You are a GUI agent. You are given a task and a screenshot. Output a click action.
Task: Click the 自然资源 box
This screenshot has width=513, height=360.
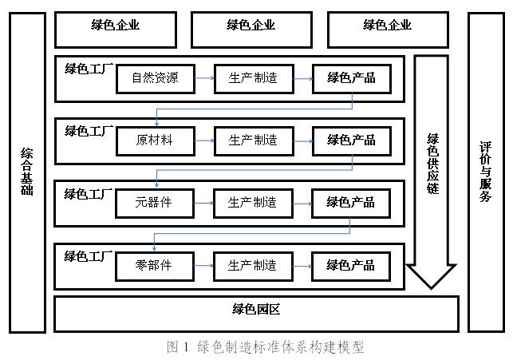(x=155, y=77)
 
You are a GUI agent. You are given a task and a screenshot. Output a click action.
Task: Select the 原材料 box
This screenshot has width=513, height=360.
(x=155, y=140)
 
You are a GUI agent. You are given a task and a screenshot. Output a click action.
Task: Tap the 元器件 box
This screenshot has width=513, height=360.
(x=155, y=203)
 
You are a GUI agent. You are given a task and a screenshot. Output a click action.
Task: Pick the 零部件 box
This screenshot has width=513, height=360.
(x=155, y=265)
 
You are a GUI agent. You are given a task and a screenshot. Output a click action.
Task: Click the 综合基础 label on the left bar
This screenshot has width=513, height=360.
(x=27, y=172)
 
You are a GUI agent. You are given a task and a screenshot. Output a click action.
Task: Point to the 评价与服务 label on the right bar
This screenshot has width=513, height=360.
(x=485, y=172)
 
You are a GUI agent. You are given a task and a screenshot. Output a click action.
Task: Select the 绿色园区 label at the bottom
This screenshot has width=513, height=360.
(x=256, y=309)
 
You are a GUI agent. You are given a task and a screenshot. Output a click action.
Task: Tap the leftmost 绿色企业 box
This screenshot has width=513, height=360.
(x=115, y=25)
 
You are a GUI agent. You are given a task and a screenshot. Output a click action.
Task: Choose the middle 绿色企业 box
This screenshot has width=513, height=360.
(x=251, y=25)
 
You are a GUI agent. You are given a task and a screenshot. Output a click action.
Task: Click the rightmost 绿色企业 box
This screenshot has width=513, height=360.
(x=387, y=25)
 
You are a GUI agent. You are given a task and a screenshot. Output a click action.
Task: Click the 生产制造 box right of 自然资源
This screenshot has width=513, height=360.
(x=252, y=77)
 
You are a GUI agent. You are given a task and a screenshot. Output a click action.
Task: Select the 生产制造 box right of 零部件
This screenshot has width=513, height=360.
(x=252, y=265)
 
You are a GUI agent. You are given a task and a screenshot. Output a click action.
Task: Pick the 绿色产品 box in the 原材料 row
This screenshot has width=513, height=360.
(x=350, y=140)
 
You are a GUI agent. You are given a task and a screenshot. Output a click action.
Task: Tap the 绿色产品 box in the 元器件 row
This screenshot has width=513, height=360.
(x=350, y=203)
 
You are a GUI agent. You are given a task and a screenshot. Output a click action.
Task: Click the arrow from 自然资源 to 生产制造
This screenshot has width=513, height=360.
(x=203, y=77)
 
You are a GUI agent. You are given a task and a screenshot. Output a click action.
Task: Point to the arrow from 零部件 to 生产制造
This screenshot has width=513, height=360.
(x=203, y=265)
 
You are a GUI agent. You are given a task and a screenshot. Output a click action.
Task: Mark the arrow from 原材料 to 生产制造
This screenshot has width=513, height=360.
(x=203, y=140)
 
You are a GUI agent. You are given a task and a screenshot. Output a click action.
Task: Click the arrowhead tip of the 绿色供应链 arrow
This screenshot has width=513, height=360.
(x=432, y=286)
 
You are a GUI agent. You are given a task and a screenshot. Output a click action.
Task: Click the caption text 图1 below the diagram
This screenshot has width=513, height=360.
(x=176, y=347)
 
